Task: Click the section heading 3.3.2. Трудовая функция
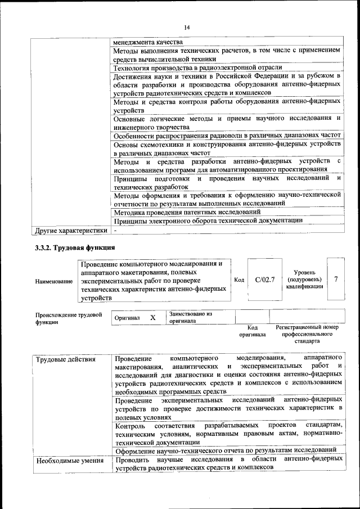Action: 75,247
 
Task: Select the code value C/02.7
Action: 264,279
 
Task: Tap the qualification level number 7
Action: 336,279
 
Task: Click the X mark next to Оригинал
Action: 152,318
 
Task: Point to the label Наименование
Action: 53,281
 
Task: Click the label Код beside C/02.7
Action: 239,280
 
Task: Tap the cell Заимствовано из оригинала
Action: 190,318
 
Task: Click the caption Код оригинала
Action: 252,331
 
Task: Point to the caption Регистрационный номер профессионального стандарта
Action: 307,334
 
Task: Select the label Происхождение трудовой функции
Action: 69,318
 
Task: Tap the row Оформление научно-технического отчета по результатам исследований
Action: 226,450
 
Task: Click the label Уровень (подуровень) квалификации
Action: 304,279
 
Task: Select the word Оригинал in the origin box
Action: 127,318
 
